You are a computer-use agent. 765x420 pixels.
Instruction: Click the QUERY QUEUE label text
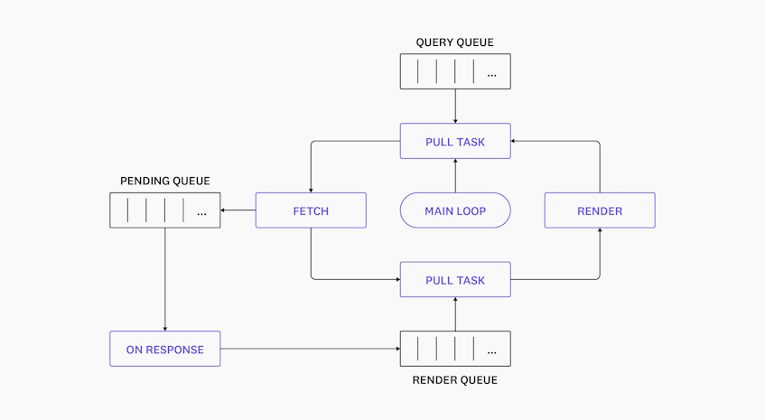454,42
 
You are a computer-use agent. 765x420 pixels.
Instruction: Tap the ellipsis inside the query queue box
491,74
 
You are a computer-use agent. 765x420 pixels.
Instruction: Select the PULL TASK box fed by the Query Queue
455,142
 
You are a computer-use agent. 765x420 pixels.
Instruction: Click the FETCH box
311,210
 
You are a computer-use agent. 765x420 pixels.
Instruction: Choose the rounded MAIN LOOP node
455,210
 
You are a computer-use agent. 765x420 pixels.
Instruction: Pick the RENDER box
600,210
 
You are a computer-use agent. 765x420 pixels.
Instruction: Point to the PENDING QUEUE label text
165,181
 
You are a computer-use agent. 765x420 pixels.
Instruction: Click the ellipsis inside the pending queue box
201,213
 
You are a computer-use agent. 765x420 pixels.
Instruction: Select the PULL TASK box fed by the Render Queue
455,280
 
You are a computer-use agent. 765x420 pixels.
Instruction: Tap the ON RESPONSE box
165,350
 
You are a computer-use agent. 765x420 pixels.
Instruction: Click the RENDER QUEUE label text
454,380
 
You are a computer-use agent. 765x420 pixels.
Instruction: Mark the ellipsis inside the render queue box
491,350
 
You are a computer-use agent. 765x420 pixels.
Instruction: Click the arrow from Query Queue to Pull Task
455,107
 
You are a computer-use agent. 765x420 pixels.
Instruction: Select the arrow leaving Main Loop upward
455,176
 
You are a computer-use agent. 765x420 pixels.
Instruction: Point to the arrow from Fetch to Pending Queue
238,210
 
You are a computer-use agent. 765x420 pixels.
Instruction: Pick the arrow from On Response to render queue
310,349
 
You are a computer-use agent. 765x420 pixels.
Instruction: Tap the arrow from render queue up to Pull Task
455,314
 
